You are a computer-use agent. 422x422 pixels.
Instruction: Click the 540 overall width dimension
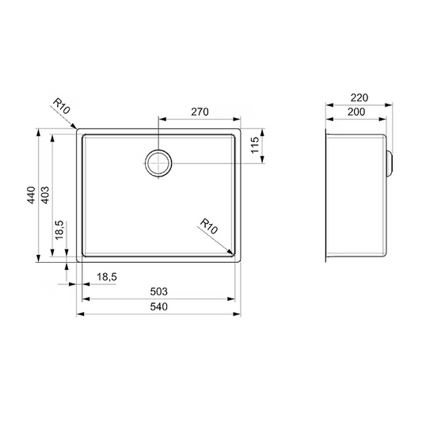pyautogui.click(x=159, y=306)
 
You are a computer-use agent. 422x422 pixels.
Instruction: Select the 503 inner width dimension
pyautogui.click(x=159, y=291)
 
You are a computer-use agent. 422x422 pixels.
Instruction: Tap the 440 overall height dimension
pyautogui.click(x=31, y=195)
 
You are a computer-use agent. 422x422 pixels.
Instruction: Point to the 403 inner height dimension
pyautogui.click(x=45, y=195)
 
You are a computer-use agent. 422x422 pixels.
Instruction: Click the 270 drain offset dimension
pyautogui.click(x=200, y=112)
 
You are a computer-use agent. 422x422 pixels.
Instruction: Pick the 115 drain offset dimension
pyautogui.click(x=255, y=145)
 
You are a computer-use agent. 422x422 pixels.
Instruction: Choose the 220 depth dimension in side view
pyautogui.click(x=359, y=97)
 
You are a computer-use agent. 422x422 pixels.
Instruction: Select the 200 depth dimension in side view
pyautogui.click(x=356, y=112)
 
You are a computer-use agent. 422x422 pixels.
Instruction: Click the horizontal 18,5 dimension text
pyautogui.click(x=107, y=276)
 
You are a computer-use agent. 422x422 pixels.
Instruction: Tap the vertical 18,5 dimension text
pyautogui.click(x=59, y=230)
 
